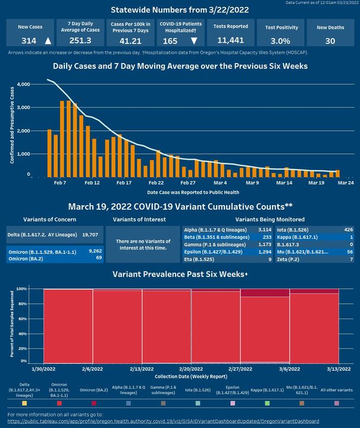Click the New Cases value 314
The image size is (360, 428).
click(20, 41)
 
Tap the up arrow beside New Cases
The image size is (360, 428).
click(48, 41)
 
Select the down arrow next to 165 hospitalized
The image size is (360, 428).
click(194, 41)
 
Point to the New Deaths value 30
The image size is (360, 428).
click(330, 41)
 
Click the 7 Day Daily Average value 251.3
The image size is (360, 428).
click(80, 41)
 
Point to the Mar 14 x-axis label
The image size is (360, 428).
click(285, 183)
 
